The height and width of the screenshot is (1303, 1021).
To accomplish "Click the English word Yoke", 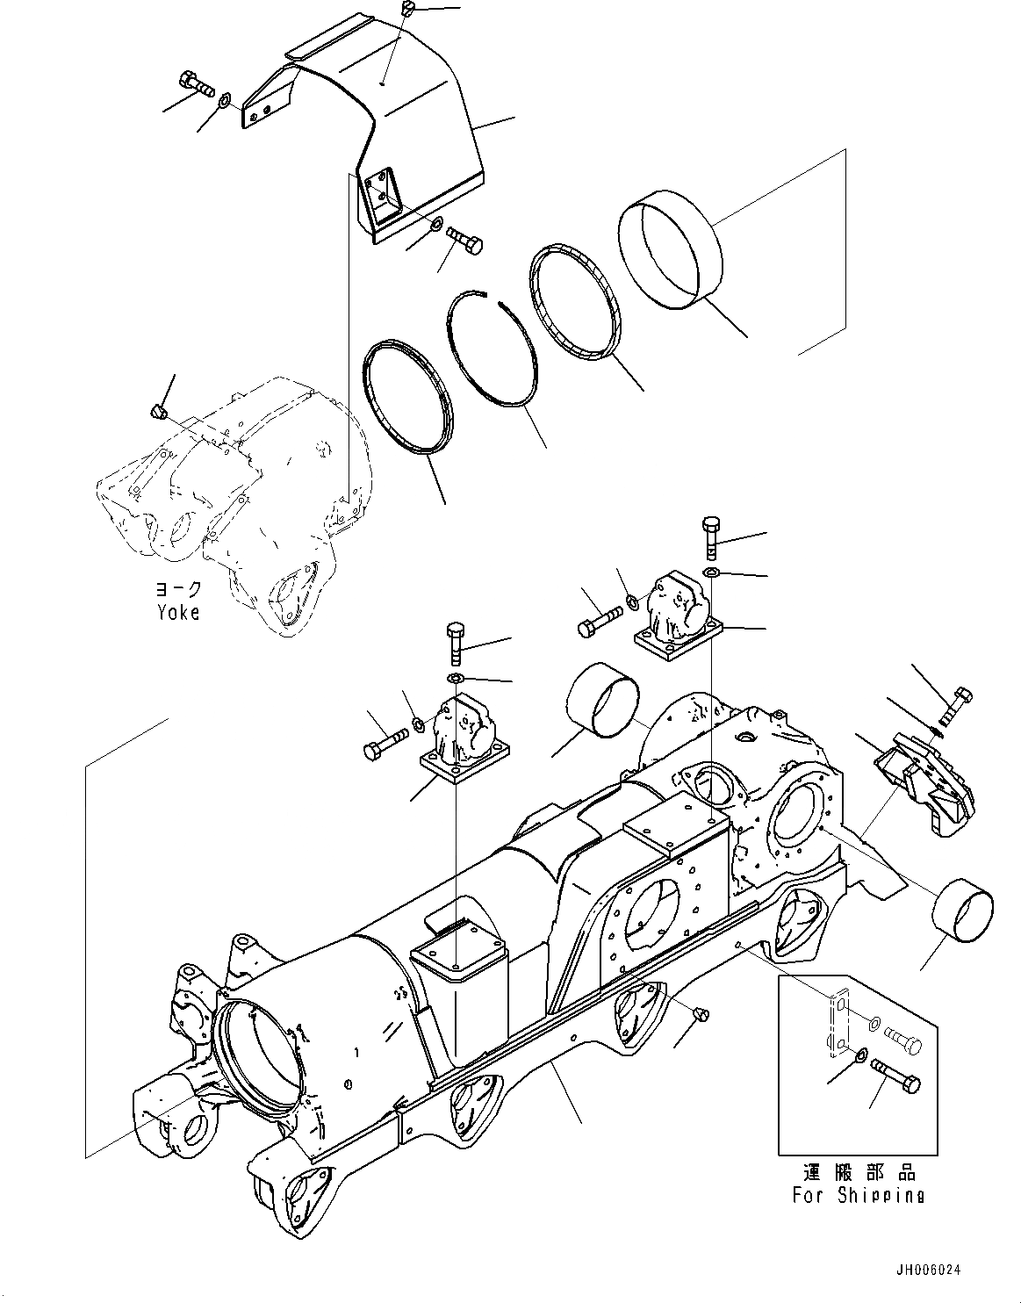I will click(x=178, y=612).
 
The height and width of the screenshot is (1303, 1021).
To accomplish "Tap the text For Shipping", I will click(x=858, y=1194).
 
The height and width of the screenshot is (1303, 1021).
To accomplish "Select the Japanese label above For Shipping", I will click(x=859, y=1173).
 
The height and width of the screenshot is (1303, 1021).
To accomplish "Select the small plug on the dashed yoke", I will click(x=156, y=412).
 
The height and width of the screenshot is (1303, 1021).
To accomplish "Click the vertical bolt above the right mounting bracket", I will click(x=710, y=536).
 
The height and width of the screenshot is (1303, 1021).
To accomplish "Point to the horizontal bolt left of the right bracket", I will click(x=598, y=623).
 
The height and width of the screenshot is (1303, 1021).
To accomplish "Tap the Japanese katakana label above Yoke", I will click(x=178, y=588).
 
